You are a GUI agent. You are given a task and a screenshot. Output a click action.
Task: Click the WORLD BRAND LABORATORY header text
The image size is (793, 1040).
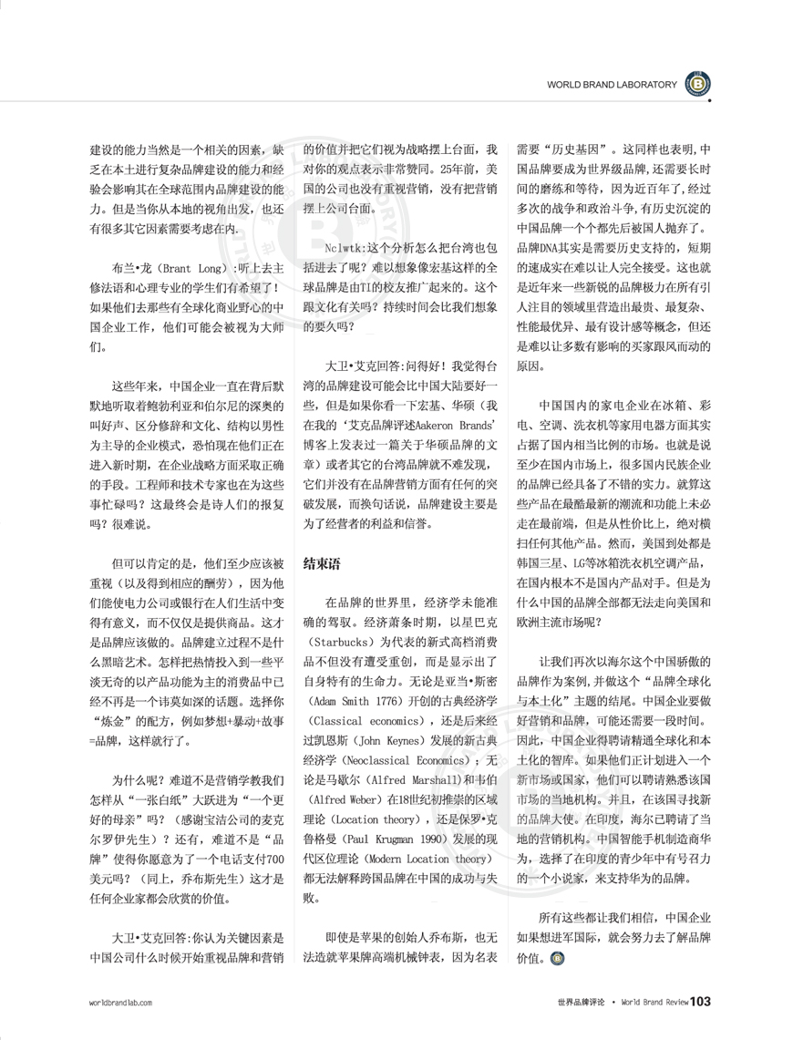(612, 85)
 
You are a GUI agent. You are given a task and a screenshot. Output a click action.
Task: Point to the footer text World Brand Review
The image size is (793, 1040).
(654, 1003)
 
